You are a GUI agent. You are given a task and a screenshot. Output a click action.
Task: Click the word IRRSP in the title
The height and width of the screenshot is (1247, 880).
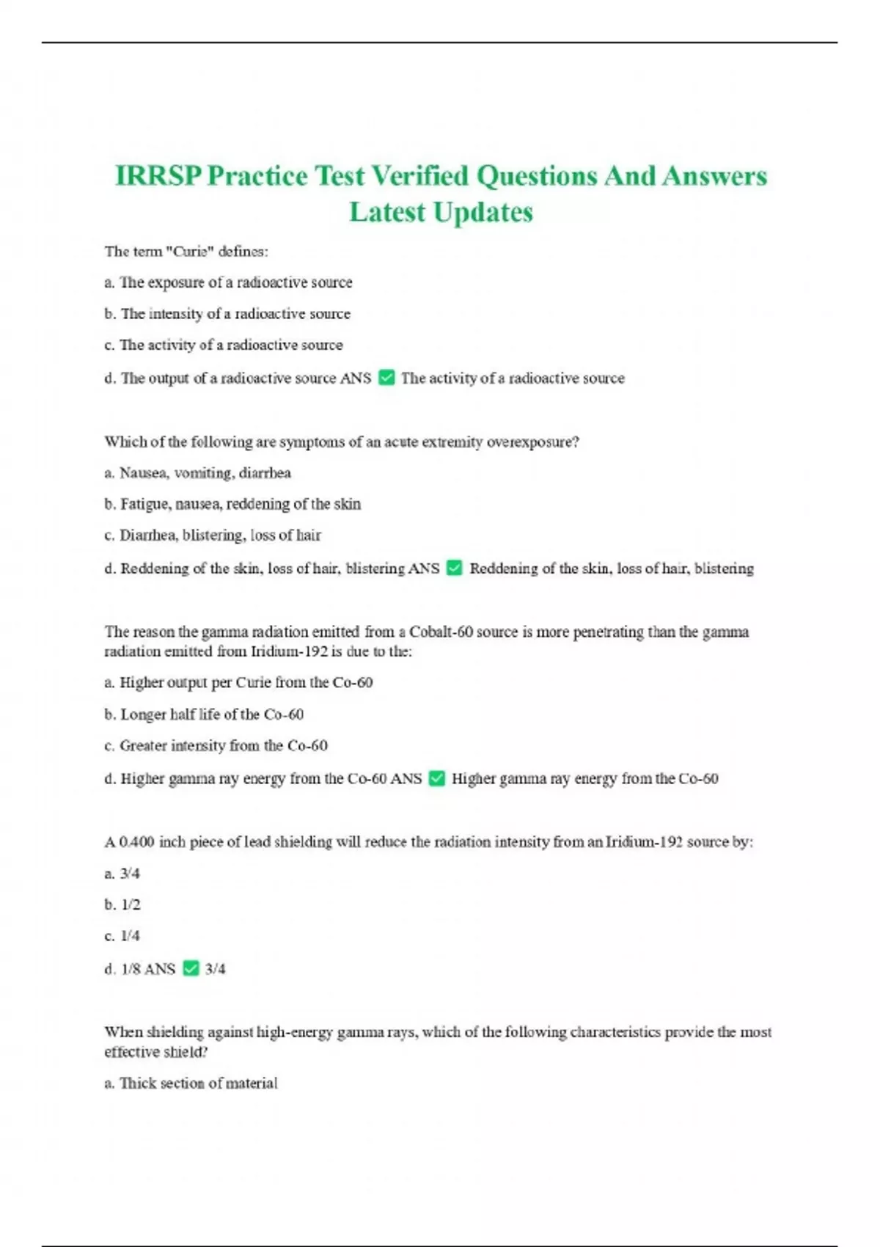pos(158,176)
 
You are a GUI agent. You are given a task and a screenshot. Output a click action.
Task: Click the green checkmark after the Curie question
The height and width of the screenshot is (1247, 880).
pos(386,378)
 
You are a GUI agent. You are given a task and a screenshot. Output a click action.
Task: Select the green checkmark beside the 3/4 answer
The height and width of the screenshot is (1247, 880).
pos(191,968)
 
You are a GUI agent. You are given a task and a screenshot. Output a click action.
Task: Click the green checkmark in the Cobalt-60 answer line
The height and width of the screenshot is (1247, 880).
pos(436,778)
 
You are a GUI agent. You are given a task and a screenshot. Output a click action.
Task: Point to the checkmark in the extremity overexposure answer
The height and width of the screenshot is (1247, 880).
pos(455,568)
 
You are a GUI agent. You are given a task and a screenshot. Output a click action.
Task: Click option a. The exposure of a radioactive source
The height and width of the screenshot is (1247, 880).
pos(228,282)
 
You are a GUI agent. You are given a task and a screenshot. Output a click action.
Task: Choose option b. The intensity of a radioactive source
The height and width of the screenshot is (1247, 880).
pos(227,314)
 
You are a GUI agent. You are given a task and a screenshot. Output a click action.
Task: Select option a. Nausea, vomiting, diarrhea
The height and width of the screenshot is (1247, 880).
pos(198,473)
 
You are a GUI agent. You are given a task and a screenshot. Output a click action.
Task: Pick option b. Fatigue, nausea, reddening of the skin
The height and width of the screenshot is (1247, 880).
pos(232,504)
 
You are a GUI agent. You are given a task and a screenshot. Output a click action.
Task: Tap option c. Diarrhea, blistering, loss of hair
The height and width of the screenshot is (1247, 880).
pos(213,535)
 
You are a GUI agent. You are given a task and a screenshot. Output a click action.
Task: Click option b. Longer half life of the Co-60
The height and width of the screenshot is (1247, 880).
pos(204,714)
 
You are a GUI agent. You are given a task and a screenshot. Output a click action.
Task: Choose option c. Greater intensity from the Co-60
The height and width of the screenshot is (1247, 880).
pos(216,746)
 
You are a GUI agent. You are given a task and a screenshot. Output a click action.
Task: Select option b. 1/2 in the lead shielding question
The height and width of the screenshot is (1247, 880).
pos(122,904)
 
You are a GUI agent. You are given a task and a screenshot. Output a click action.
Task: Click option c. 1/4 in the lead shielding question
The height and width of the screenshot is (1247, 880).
pos(122,936)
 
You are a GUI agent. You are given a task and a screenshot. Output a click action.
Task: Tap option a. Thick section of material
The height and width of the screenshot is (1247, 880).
pos(191,1083)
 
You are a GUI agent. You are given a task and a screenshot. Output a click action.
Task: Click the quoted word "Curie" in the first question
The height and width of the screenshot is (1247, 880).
pos(188,252)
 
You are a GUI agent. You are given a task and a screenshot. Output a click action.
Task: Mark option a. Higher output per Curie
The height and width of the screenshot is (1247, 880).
pos(238,683)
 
